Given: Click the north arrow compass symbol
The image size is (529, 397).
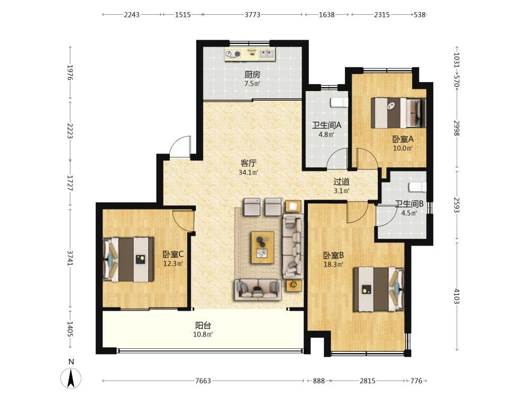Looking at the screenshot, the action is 71,378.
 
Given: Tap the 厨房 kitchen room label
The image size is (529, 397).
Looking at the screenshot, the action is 252,74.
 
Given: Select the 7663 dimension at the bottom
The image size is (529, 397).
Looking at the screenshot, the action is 203,381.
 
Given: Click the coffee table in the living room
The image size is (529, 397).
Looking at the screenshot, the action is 262,247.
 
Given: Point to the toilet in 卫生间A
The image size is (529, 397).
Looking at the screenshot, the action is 339,102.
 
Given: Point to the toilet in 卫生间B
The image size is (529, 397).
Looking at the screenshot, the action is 418,187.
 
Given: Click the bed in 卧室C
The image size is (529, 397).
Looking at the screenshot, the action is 128,259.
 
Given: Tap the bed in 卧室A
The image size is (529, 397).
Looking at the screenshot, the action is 398,113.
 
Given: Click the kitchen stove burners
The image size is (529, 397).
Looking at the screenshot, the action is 233,54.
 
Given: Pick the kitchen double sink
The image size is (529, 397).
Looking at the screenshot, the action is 267,53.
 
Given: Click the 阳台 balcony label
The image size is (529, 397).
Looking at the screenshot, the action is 203,326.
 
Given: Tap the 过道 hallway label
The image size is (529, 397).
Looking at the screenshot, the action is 341,182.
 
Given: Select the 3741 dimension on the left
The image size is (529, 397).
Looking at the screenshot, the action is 70,257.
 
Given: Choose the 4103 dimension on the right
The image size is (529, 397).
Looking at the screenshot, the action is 457,296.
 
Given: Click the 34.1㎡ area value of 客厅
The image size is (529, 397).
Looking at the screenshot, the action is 248,173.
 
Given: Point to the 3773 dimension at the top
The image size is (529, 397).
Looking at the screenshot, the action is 252,14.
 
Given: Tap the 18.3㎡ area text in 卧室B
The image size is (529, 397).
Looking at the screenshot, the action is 333,264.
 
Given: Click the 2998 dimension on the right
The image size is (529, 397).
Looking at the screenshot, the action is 457,128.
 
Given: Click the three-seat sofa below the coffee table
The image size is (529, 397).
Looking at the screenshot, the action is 258,289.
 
